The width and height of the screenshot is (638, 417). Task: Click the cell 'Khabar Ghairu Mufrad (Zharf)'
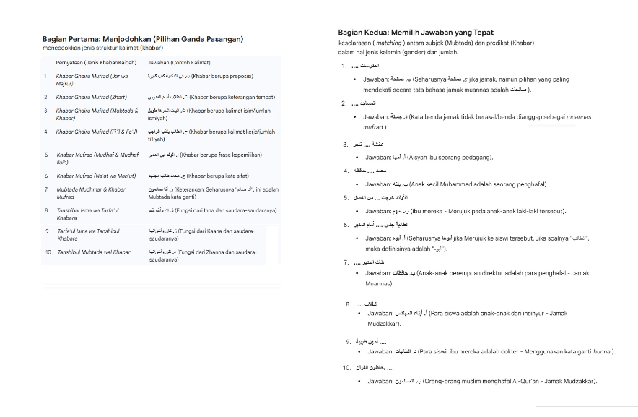[x=92, y=97]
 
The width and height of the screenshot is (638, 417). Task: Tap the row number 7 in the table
[x=46, y=189]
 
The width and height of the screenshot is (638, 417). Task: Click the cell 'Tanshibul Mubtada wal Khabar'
[x=94, y=252]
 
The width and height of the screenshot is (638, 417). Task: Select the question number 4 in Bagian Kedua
[x=346, y=171]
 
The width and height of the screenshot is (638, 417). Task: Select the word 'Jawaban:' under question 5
[x=377, y=211]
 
